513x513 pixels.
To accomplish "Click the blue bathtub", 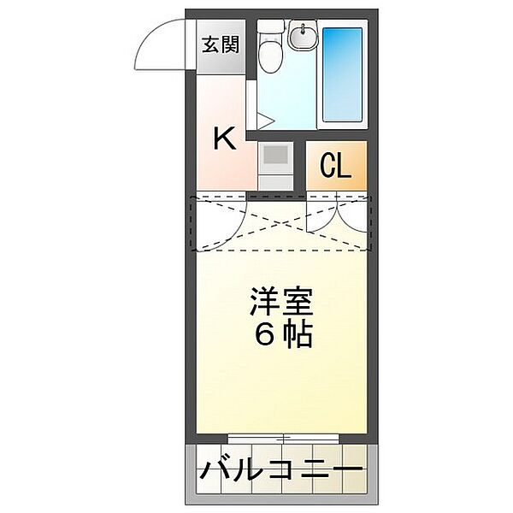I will [342, 75].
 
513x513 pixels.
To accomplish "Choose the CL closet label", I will [335, 166].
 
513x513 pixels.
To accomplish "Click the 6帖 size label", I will [281, 334].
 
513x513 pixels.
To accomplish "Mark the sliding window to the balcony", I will [281, 438].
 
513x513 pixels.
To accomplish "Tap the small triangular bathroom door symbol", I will [264, 120].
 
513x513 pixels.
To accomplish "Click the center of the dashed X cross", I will [281, 225].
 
